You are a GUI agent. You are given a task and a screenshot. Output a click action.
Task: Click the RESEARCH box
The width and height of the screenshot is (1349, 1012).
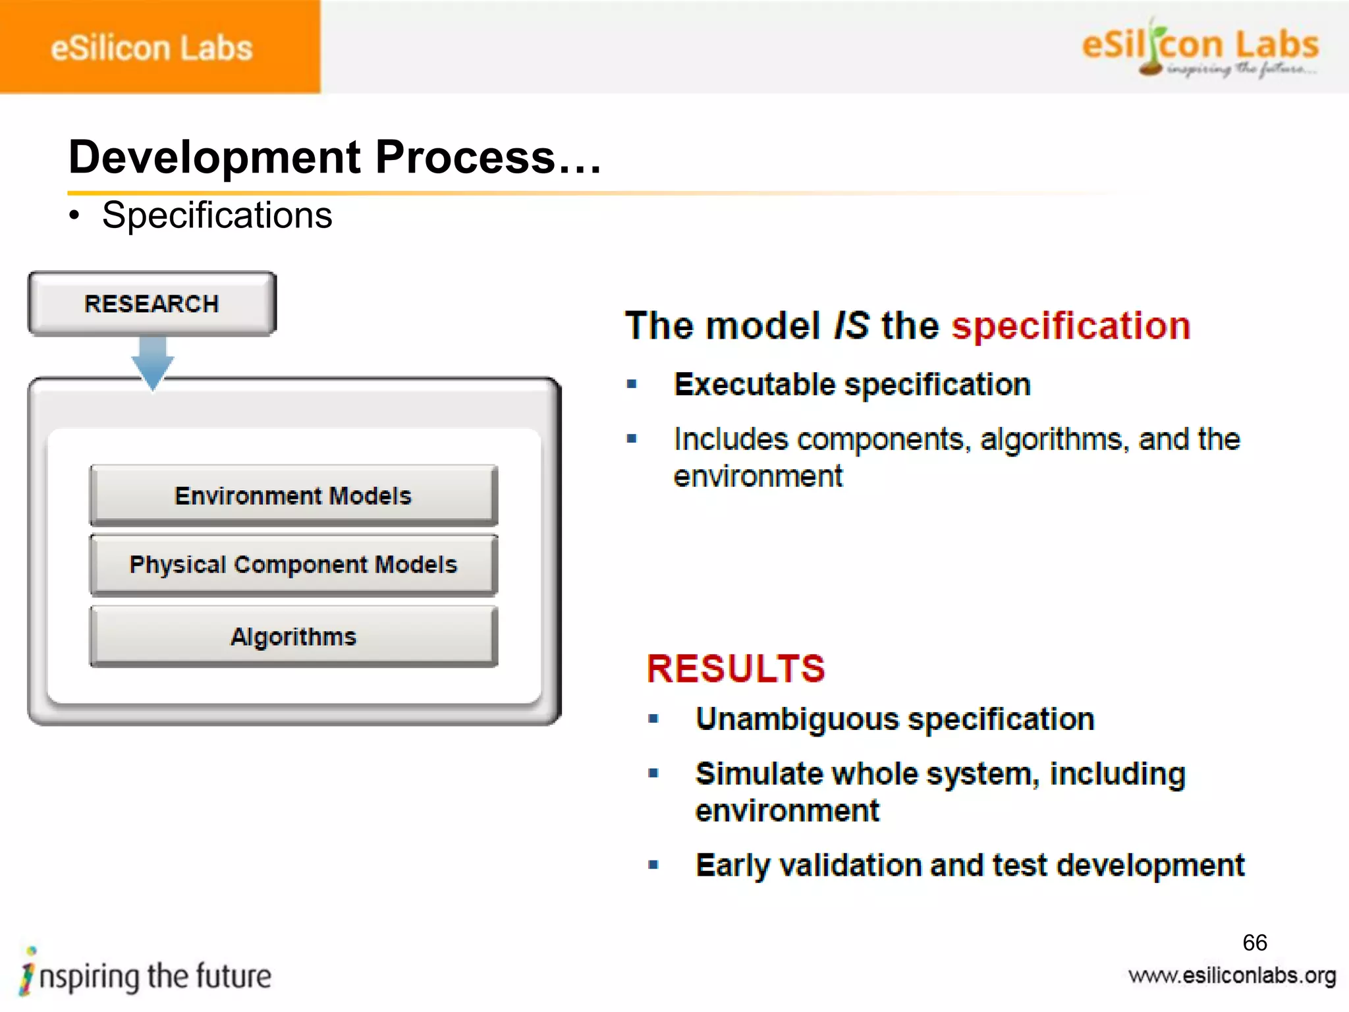point(152,304)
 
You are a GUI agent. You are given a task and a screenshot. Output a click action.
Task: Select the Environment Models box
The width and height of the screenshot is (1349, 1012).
point(293,495)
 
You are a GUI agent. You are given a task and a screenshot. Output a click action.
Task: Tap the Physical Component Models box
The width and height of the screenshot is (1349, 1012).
point(293,565)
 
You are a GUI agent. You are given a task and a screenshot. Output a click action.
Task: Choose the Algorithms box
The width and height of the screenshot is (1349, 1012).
point(293,636)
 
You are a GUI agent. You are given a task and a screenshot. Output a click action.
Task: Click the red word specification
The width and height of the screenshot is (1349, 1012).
point(1071,326)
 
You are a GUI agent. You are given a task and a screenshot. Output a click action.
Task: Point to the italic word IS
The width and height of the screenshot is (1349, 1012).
point(851,326)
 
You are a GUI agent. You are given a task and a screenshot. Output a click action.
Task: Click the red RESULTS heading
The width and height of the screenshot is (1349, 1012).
point(736,669)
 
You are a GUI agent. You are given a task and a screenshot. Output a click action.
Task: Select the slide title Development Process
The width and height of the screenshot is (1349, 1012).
point(335,158)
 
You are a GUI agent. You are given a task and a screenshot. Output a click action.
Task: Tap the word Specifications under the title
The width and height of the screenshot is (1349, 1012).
point(217,215)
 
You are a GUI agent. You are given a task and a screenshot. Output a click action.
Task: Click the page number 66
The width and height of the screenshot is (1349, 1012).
point(1254,943)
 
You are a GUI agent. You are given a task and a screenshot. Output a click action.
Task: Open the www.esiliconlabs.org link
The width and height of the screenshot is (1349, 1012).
point(1232,976)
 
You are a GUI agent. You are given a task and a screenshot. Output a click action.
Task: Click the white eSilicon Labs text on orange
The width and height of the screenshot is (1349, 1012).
point(151,48)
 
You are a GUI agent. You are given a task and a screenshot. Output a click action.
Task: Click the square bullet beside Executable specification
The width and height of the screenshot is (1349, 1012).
point(632,384)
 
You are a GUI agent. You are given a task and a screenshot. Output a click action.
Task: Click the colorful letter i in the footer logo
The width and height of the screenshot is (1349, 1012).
point(28,971)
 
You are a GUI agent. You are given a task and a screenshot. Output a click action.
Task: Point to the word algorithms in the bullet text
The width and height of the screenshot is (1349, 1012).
point(1054,440)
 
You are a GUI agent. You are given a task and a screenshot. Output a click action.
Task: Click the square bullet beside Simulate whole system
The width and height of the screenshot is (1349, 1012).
point(653,773)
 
